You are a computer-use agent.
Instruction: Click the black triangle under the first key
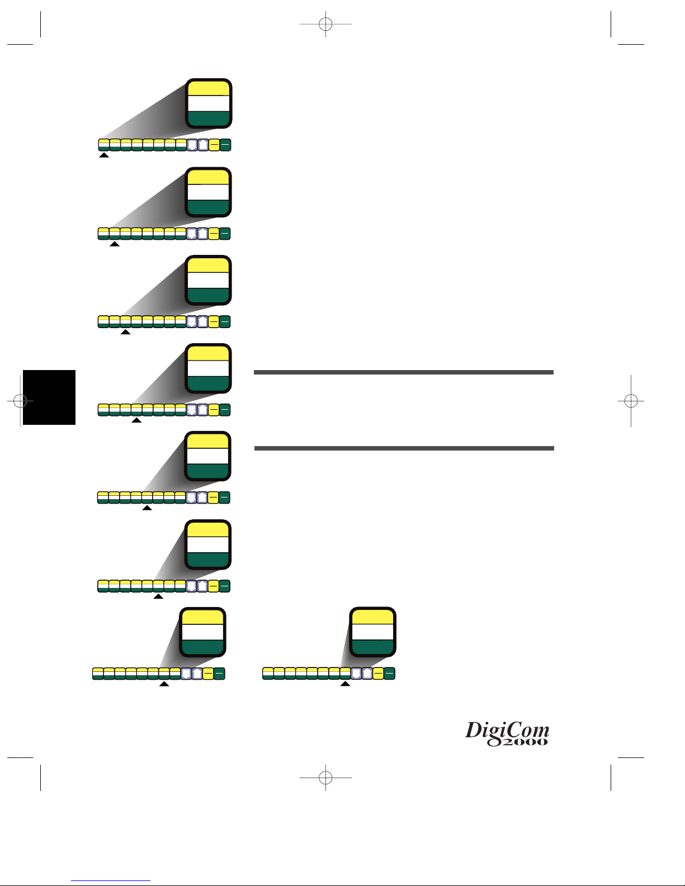pos(104,155)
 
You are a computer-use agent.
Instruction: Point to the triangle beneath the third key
pos(126,332)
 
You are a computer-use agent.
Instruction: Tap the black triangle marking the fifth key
pos(147,508)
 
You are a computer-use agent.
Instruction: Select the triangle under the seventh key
pos(164,684)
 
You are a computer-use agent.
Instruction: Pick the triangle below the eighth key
pos(346,684)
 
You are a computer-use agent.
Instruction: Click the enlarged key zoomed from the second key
pos(208,192)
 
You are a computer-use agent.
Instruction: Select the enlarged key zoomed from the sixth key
pos(208,544)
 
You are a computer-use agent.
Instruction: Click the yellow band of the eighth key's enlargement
pos(372,617)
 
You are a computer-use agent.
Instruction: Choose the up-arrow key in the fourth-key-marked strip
pos(202,410)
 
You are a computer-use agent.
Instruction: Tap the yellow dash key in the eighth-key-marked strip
pos(378,674)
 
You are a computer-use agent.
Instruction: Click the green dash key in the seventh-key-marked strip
pos(219,674)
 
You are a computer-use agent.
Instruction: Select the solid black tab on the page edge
pos(49,397)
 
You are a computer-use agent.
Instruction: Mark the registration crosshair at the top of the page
pos(325,24)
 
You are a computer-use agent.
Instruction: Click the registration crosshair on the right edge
pos(631,400)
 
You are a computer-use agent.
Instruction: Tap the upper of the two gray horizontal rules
pos(403,372)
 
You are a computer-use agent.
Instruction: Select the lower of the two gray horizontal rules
pos(404,448)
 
